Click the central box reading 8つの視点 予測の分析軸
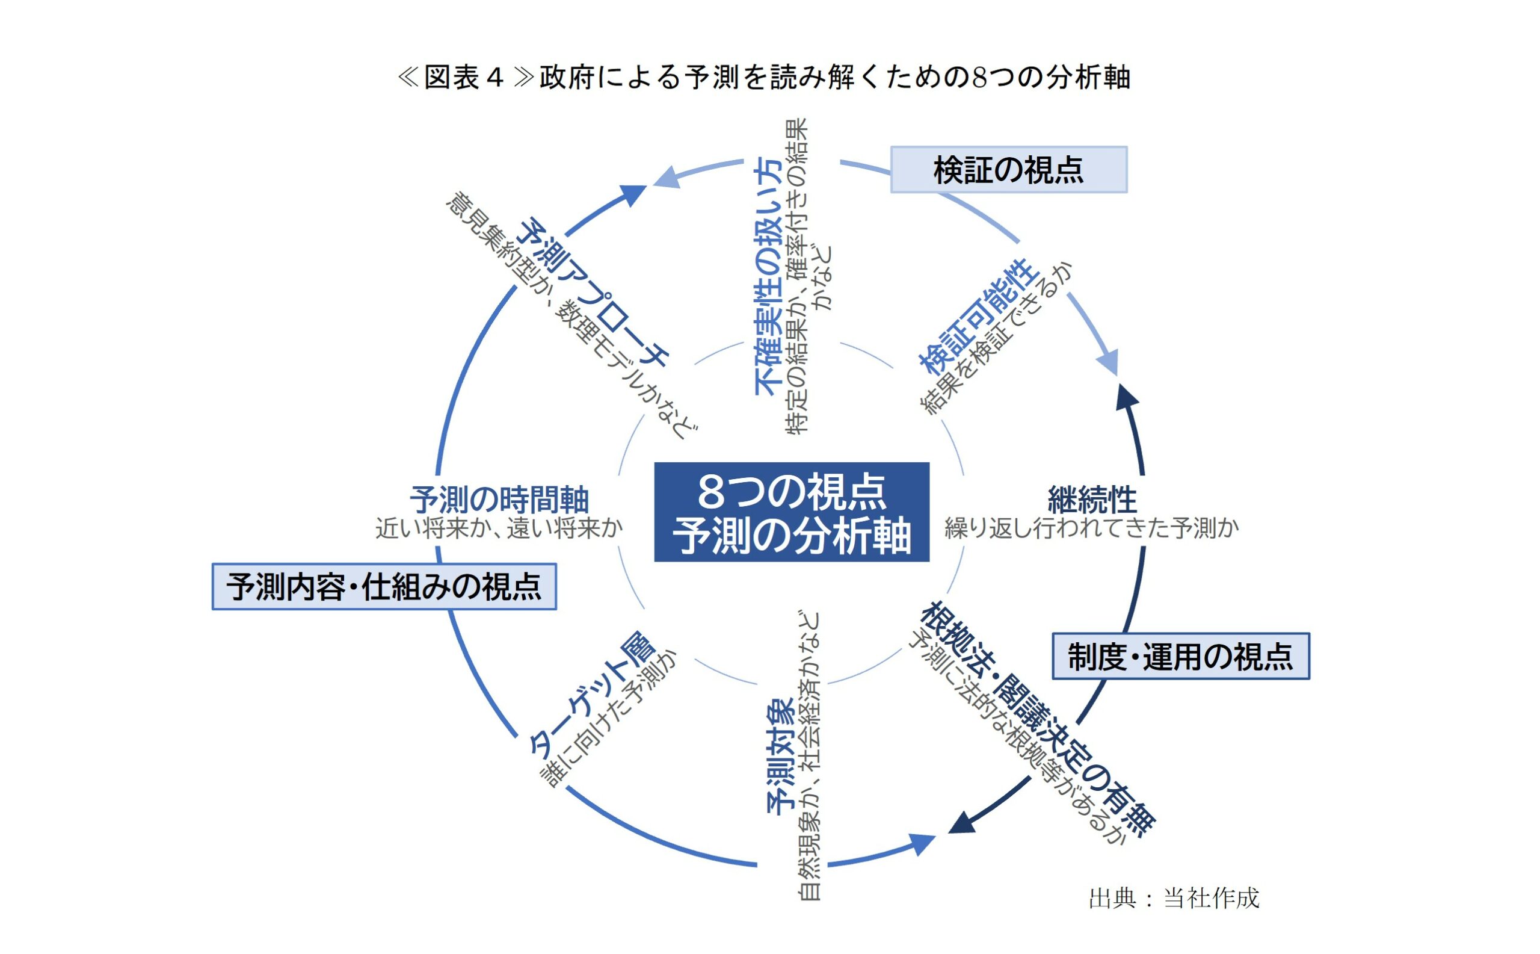[791, 512]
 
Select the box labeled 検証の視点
[1008, 170]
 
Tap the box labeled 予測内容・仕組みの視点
[383, 587]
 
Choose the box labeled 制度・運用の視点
[1180, 656]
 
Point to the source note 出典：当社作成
[1173, 898]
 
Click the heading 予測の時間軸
[499, 500]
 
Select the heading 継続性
[1092, 500]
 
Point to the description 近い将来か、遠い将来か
[499, 528]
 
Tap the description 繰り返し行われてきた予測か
[1091, 528]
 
